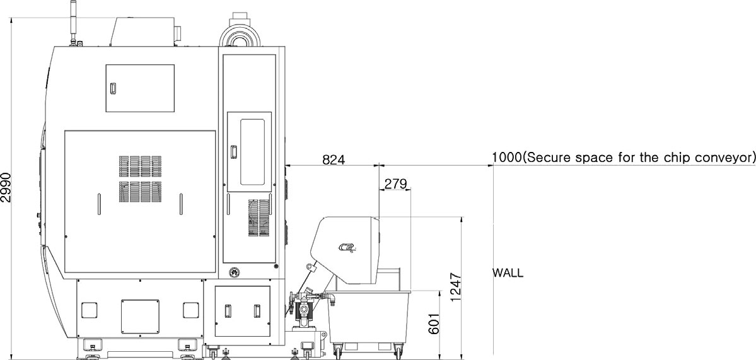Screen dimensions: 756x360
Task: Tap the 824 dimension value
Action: tap(334, 159)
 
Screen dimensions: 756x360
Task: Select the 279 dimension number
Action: tap(395, 183)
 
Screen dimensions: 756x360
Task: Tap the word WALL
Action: tap(507, 273)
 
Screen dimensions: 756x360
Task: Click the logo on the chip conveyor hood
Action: tap(346, 248)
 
